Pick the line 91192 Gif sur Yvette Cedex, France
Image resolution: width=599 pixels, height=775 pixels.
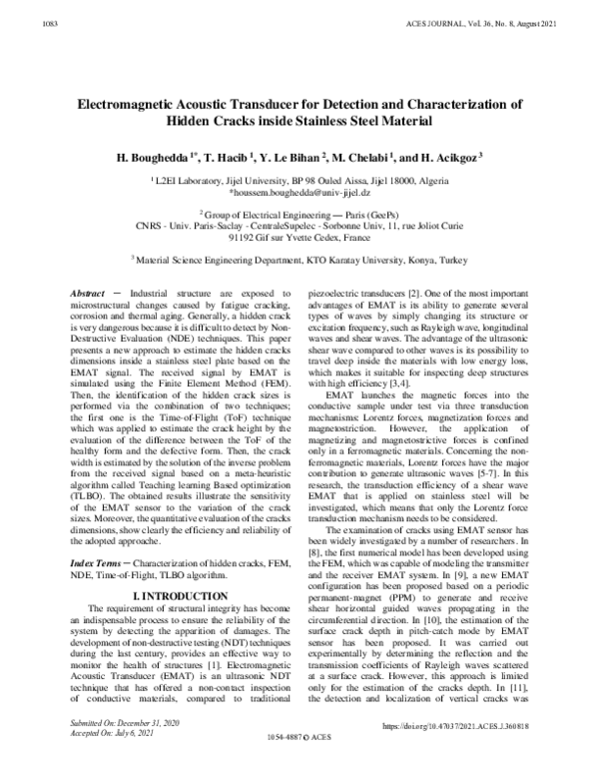[x=299, y=238]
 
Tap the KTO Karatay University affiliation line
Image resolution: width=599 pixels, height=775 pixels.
[x=299, y=259]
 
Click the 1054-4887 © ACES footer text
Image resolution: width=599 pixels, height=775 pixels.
[x=299, y=762]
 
